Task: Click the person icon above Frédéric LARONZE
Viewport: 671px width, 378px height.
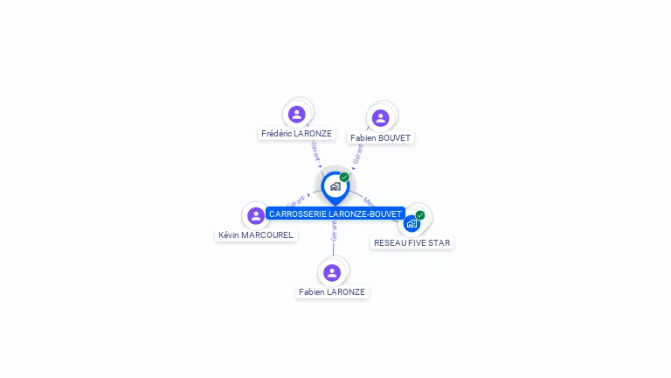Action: [297, 114]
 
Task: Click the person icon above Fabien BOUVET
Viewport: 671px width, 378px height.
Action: [380, 118]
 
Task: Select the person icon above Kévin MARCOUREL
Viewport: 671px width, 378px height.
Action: [256, 215]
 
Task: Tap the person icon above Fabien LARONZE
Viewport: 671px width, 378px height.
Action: [332, 272]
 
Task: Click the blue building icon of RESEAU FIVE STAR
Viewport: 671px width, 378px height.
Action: [412, 223]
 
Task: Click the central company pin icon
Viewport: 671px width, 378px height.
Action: [335, 186]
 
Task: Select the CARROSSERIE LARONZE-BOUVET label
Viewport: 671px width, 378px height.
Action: [335, 213]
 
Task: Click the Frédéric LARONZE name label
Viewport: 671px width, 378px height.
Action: [297, 134]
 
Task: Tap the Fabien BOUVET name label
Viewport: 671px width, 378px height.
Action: [380, 138]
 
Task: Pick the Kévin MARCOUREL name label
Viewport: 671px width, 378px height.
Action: [256, 234]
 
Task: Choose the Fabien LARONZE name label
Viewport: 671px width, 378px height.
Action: [332, 291]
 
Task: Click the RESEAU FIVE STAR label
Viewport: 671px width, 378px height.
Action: [412, 242]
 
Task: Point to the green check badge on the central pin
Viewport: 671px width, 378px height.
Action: [344, 177]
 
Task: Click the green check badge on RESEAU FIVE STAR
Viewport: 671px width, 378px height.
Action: [420, 214]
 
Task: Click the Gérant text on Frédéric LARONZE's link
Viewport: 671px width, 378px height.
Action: [315, 151]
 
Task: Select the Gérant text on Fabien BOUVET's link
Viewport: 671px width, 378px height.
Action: [358, 154]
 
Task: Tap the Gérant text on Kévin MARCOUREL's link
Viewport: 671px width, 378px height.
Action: [295, 202]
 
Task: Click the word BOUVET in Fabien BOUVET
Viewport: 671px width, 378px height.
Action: [394, 138]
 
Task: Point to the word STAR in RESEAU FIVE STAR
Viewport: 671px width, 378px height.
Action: [439, 242]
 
